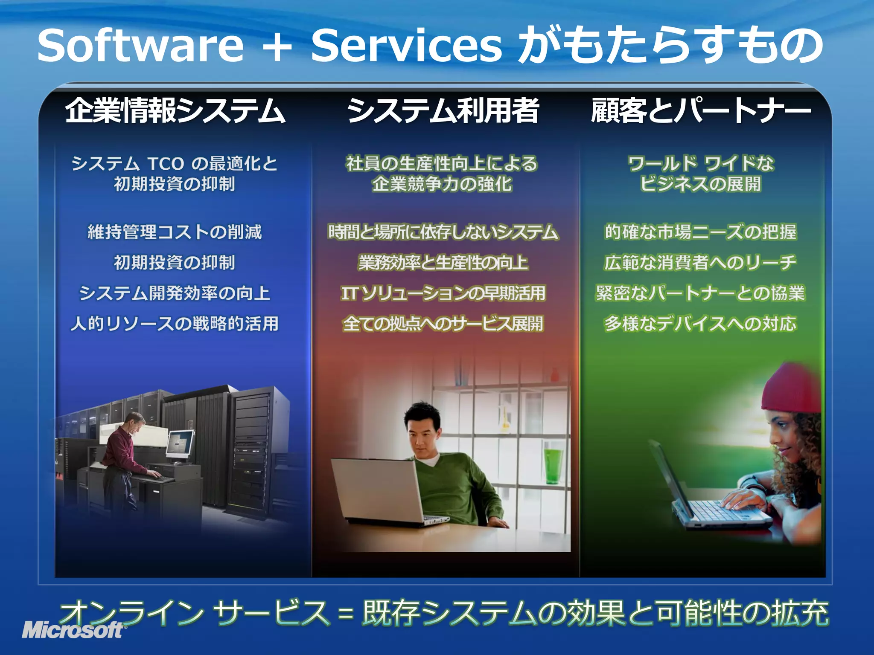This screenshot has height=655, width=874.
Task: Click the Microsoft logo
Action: click(73, 630)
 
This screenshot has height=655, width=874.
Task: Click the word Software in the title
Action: click(140, 45)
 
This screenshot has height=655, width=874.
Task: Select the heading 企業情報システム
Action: click(175, 110)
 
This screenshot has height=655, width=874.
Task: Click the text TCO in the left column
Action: click(166, 164)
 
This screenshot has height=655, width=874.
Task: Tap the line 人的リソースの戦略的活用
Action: click(175, 324)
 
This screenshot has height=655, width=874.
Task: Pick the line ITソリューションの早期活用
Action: click(443, 293)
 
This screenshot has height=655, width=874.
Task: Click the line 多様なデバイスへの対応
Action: click(700, 324)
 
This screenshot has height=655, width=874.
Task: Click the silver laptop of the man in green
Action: click(376, 490)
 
